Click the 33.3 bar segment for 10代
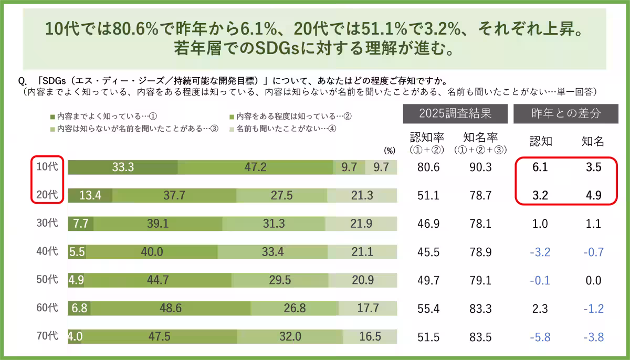[123, 167]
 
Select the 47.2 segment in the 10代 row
[255, 167]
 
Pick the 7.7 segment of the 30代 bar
[81, 224]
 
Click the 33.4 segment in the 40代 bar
[272, 252]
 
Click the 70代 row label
[47, 336]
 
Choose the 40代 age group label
[47, 252]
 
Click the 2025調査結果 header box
[455, 113]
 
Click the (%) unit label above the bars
[389, 150]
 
